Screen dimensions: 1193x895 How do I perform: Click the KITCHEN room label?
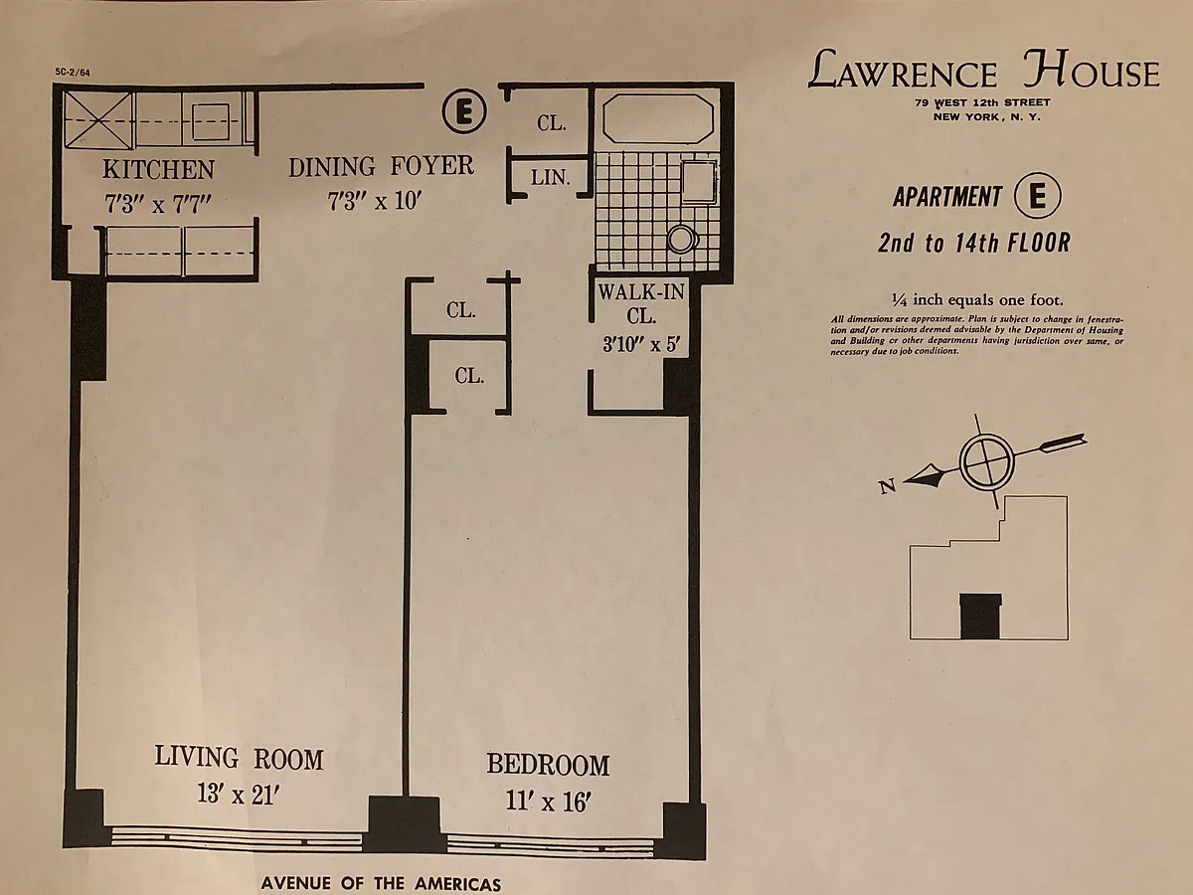click(x=159, y=169)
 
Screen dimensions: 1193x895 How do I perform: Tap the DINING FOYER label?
click(x=381, y=166)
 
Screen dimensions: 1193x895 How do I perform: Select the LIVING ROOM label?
click(x=239, y=758)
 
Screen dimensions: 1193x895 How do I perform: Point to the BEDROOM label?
click(x=548, y=764)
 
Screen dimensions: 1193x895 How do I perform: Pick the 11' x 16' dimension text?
click(x=548, y=801)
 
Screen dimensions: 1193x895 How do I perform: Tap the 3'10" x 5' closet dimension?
click(x=641, y=344)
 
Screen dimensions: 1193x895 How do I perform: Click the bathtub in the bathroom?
click(x=658, y=119)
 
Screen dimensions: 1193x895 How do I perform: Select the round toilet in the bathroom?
click(x=682, y=239)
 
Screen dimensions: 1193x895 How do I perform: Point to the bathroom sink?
click(x=700, y=182)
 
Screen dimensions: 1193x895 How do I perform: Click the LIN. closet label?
click(x=550, y=177)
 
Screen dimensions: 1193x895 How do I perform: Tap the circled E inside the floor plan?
click(x=464, y=112)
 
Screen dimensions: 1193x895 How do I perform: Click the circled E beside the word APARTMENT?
click(x=1037, y=196)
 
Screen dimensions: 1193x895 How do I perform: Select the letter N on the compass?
click(x=888, y=486)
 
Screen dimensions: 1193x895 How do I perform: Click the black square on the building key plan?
click(x=980, y=616)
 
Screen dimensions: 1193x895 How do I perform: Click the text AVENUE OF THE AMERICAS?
click(x=381, y=884)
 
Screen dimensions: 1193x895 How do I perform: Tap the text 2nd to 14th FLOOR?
click(x=974, y=243)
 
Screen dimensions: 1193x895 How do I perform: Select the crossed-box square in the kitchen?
click(x=97, y=120)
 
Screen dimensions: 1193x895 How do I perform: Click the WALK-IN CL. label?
click(x=641, y=303)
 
